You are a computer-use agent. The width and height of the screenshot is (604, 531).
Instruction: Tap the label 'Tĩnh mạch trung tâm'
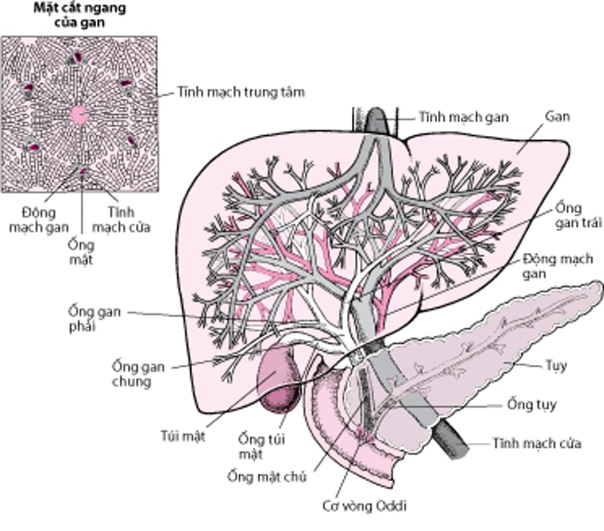[x=230, y=93]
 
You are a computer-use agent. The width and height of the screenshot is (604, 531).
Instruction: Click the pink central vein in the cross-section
[x=79, y=114]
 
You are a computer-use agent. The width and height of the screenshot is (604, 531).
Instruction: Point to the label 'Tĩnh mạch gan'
[x=463, y=117]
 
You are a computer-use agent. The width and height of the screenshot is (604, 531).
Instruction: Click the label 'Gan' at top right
[x=556, y=117]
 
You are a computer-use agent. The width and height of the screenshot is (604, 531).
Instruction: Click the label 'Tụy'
[x=555, y=366]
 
